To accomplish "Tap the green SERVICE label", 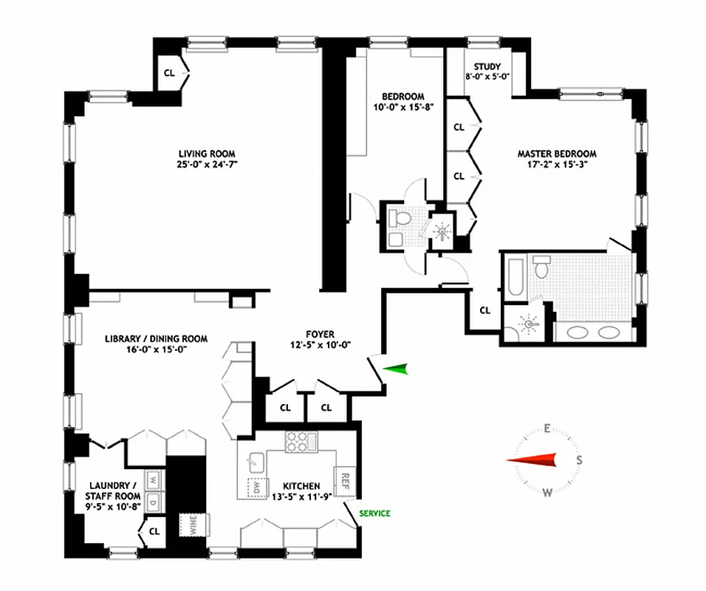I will pos(374,513).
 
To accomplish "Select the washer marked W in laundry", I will pos(154,479).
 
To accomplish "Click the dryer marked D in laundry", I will pos(154,503).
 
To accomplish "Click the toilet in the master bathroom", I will pos(542,267).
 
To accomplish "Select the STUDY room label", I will pos(487,66).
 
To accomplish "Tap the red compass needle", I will pos(531,460).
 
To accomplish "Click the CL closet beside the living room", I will pos(169,72).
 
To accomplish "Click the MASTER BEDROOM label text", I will pos(556,154).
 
